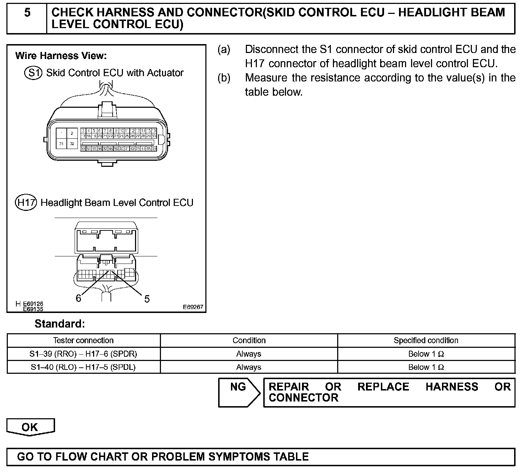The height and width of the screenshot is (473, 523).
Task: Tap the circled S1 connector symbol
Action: tap(33, 73)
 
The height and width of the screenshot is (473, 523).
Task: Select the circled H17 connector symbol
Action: tap(26, 203)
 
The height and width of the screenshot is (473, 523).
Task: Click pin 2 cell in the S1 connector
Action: tap(72, 133)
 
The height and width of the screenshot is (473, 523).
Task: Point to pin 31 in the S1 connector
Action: tap(61, 144)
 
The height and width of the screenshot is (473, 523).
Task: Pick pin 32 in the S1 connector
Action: tap(72, 144)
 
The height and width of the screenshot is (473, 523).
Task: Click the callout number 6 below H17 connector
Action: tap(79, 298)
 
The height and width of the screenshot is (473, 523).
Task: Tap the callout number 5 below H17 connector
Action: tap(147, 299)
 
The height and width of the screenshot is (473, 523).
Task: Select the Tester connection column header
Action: tap(83, 340)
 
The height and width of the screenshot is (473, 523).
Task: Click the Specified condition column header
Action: tap(426, 340)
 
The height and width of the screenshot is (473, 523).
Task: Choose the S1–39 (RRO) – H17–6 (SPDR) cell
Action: tap(83, 354)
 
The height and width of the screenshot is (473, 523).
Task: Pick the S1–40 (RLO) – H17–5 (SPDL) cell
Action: tap(83, 367)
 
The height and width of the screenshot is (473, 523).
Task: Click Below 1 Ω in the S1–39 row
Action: tap(426, 354)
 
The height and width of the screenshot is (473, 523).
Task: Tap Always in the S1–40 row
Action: tap(249, 367)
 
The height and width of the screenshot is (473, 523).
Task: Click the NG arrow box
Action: tap(239, 392)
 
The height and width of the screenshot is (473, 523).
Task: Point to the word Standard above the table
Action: tap(60, 324)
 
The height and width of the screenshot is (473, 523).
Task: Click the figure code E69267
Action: tap(193, 307)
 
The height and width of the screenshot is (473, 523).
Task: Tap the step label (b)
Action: tap(224, 78)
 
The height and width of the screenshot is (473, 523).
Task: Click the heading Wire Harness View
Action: tap(61, 56)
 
